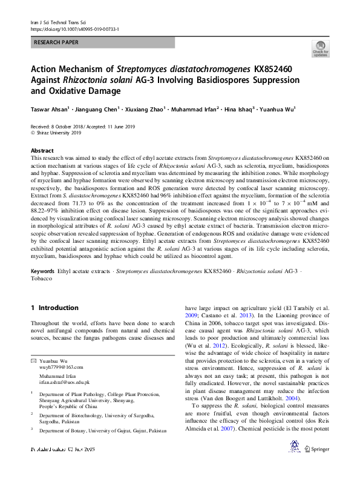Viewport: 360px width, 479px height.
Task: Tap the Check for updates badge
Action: click(320, 48)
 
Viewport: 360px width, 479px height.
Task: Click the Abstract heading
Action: click(42, 150)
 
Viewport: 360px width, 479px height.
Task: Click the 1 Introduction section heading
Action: click(54, 308)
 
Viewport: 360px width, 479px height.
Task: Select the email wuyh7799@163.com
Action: click(62, 367)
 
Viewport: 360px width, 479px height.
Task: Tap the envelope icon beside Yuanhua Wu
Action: click(33, 361)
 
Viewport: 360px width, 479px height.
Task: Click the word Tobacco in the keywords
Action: click(41, 279)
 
